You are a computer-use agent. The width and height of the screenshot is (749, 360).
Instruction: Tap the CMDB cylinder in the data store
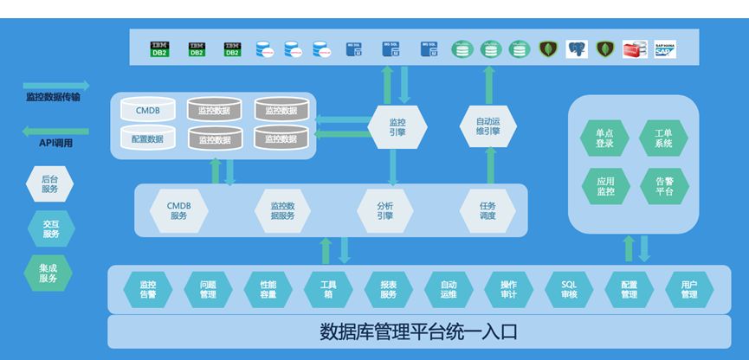[147, 111]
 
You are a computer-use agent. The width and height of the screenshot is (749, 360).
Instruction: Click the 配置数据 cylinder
[147, 138]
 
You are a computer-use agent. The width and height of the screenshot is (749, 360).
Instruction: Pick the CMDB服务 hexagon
[179, 210]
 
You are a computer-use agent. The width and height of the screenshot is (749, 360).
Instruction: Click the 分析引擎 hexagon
[385, 210]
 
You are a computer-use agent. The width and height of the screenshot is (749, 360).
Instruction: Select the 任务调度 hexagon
[487, 210]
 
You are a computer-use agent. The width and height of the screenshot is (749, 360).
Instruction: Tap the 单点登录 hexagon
[604, 138]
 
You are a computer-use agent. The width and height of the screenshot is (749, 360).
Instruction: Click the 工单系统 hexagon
[663, 138]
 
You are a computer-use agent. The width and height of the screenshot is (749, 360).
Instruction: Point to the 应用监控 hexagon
[604, 185]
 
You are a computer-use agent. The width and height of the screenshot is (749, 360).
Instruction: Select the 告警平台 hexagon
[663, 185]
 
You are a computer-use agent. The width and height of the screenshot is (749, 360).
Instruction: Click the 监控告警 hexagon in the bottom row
[147, 288]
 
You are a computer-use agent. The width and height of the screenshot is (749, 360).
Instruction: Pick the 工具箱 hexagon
[328, 288]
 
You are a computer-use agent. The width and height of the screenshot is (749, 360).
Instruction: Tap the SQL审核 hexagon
[569, 288]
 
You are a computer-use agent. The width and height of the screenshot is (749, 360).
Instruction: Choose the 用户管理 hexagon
[689, 288]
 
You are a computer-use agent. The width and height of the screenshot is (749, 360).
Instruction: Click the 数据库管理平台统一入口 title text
[419, 331]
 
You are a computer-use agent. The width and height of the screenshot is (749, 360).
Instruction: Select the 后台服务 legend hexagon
[50, 183]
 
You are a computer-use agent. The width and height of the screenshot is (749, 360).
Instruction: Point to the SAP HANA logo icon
[665, 49]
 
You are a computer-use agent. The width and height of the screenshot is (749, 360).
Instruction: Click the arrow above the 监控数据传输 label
[52, 85]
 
